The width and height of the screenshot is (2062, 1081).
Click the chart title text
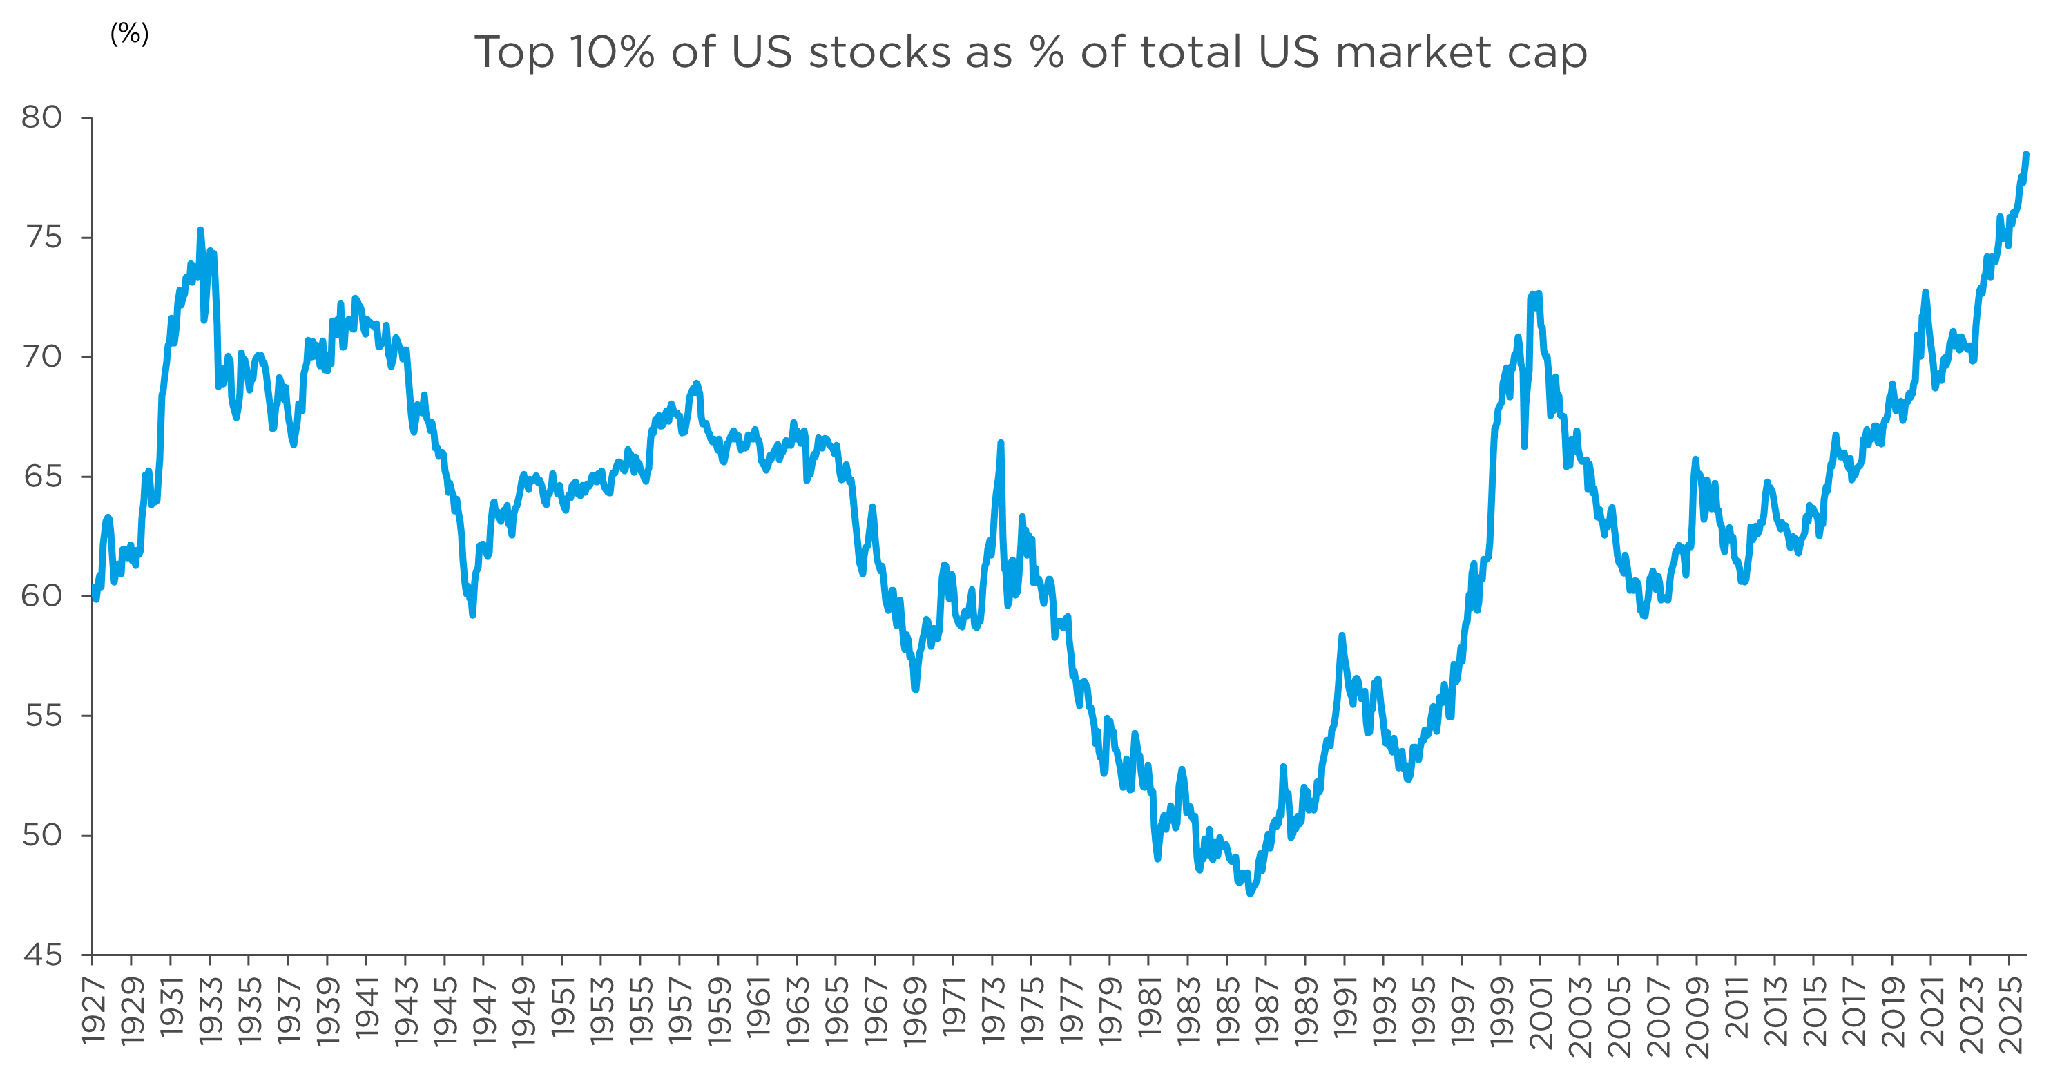pyautogui.click(x=1030, y=53)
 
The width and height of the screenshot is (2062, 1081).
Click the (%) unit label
pyautogui.click(x=129, y=34)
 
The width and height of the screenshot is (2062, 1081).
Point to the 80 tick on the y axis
pyautogui.click(x=41, y=117)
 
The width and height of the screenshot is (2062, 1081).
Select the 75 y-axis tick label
pyautogui.click(x=41, y=237)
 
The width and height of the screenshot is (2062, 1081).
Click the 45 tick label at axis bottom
pyautogui.click(x=41, y=955)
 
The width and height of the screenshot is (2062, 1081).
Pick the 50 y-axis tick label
pyautogui.click(x=41, y=835)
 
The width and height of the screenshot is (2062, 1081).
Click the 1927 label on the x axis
pyautogui.click(x=95, y=1011)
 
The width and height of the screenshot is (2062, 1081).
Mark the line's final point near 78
pyautogui.click(x=2026, y=155)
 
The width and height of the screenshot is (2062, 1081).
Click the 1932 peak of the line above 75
pyautogui.click(x=200, y=231)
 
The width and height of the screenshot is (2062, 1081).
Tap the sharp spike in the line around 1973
pyautogui.click(x=1001, y=443)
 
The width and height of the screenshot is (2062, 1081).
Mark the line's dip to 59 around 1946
pyautogui.click(x=472, y=614)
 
